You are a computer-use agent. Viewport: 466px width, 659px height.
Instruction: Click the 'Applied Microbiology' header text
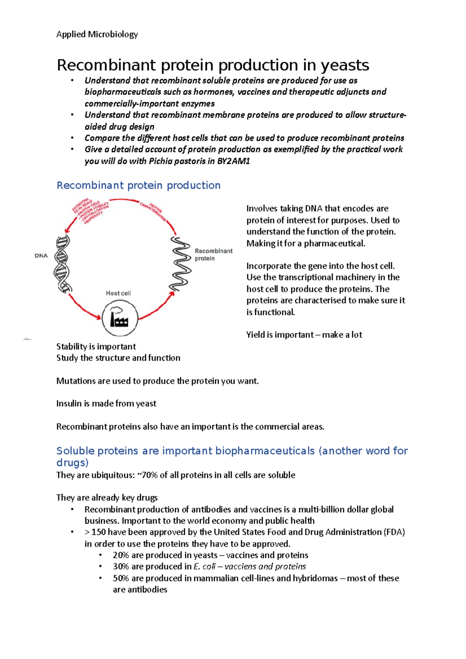[x=97, y=35]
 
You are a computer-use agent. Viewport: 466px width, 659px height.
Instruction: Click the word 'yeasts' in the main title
[x=344, y=65]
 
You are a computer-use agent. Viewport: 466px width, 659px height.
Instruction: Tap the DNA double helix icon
[x=62, y=264]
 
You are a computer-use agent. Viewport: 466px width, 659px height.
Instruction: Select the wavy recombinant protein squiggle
[x=180, y=264]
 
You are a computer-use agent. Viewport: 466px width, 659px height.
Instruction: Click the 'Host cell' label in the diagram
[x=118, y=293]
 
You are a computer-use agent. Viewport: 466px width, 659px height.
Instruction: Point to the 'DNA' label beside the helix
[x=41, y=256]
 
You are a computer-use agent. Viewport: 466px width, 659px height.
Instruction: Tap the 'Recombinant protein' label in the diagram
[x=213, y=255]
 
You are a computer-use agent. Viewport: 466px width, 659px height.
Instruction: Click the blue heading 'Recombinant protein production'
[x=138, y=186]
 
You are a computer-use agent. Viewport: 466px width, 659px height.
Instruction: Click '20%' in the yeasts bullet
[x=121, y=555]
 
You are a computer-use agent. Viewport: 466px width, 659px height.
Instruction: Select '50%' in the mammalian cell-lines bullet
[x=121, y=578]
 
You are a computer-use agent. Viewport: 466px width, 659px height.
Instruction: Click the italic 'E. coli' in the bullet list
[x=204, y=567]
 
